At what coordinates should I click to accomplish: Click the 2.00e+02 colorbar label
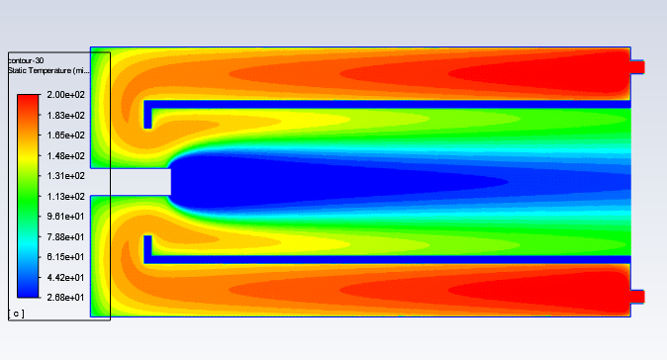click(x=65, y=95)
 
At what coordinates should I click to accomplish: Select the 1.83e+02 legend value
click(x=65, y=115)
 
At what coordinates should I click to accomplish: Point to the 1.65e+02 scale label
click(x=65, y=135)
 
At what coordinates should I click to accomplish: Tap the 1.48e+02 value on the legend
click(x=65, y=156)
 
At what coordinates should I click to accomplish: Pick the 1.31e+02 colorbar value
click(x=65, y=175)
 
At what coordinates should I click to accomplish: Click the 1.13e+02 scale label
click(x=65, y=197)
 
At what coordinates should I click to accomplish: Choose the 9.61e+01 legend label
click(x=65, y=217)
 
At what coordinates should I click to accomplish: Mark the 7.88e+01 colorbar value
click(x=65, y=236)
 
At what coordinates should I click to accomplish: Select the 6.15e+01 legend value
click(x=65, y=257)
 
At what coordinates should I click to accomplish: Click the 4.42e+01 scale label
click(x=65, y=278)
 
